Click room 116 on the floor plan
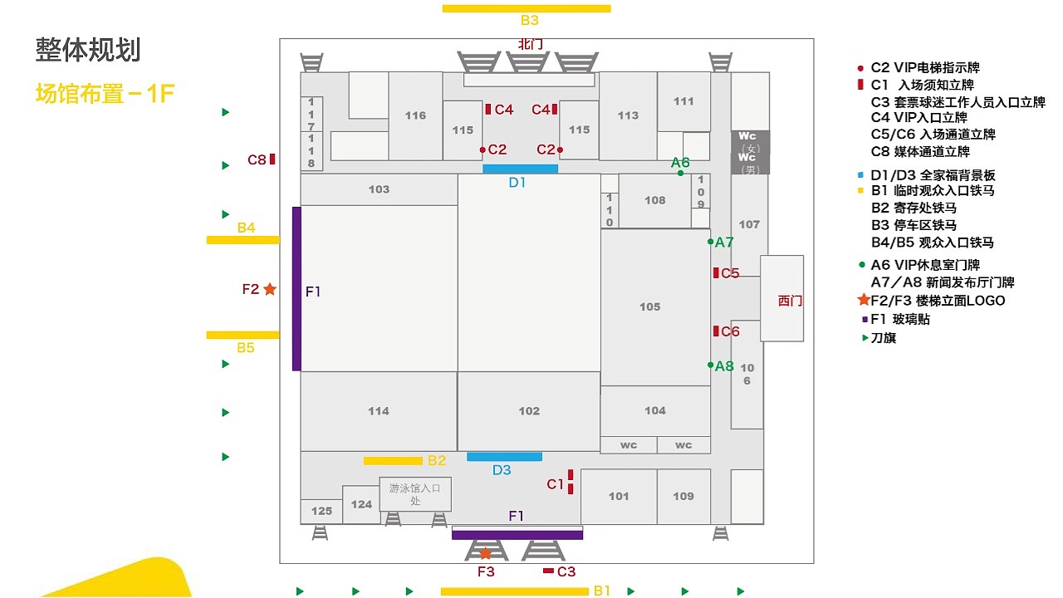coord(415,115)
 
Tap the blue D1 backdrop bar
coord(520,169)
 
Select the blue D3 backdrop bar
coord(504,457)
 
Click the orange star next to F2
coord(270,288)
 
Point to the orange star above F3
coord(485,553)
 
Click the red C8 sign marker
coord(272,159)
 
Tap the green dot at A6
coord(680,174)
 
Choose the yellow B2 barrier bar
coord(393,461)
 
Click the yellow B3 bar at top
coord(527,8)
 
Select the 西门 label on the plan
coord(790,301)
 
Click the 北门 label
coord(530,45)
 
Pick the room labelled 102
coord(529,411)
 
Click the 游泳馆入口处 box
coord(415,494)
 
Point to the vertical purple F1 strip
coord(296,288)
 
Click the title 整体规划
coord(88,50)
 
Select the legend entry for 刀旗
coord(879,338)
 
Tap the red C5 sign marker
coord(716,273)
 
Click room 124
coord(361,504)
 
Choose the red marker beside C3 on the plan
coord(548,571)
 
